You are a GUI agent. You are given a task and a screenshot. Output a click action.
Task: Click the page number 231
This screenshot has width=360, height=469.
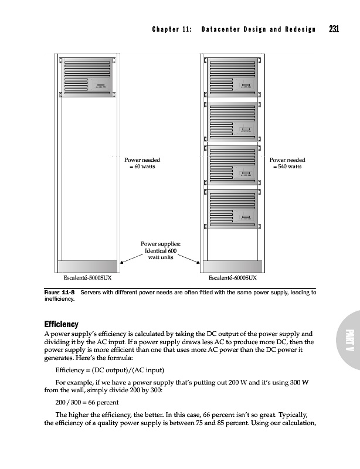click(x=334, y=29)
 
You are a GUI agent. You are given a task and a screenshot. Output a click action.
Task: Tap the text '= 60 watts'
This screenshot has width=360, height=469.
click(x=142, y=166)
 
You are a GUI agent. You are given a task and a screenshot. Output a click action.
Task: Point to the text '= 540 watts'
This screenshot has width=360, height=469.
click(x=287, y=166)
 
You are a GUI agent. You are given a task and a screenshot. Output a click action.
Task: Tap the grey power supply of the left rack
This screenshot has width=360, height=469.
click(x=88, y=266)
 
